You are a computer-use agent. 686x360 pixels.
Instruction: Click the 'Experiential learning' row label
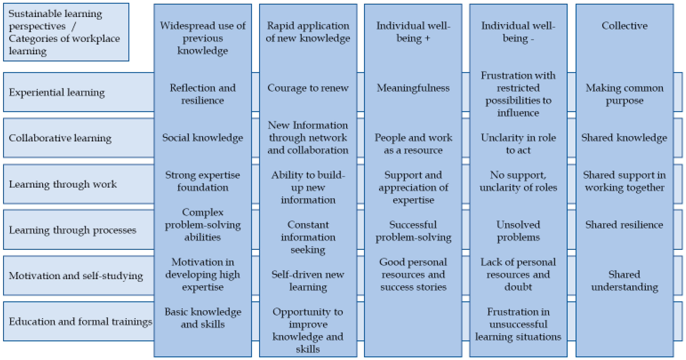[57, 92]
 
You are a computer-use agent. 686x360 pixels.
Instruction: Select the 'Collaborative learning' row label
[60, 138]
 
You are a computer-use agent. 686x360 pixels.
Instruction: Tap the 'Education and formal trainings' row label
[80, 321]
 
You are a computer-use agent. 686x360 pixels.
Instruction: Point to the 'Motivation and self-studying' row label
[76, 276]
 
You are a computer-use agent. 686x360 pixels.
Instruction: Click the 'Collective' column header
[624, 26]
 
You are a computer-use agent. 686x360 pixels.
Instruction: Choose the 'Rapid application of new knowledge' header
[308, 32]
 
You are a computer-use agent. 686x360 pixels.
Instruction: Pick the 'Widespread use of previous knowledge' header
[203, 38]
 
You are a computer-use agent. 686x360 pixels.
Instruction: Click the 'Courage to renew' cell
[308, 88]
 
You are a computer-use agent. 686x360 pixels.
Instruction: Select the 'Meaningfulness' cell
[413, 88]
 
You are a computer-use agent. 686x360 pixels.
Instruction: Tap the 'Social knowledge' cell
[203, 138]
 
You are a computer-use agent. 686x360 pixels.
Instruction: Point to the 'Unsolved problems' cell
[518, 231]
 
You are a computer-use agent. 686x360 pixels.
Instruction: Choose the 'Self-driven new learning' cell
[308, 281]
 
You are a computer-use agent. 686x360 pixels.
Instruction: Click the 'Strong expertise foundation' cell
[203, 181]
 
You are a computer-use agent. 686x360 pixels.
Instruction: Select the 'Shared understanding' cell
[624, 281]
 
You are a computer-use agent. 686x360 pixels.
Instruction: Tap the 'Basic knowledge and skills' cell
[203, 318]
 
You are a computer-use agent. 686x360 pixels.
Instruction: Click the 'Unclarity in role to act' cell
[518, 144]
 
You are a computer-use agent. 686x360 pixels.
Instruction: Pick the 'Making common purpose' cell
[624, 94]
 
